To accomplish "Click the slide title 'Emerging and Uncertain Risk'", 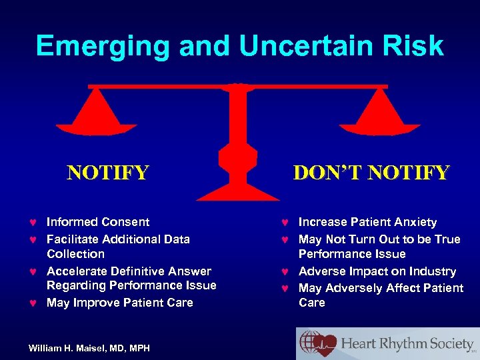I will coord(239,45).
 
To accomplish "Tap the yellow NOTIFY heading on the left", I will coord(107,173).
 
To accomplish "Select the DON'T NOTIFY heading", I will coord(371,173).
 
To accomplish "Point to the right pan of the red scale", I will coord(380,114).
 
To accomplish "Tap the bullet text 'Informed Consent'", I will coord(98,222).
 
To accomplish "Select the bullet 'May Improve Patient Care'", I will coord(119,303).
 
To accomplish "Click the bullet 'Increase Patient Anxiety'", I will coord(367,222).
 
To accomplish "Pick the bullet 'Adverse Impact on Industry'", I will coord(377,271).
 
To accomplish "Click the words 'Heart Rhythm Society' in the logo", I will coord(407,344).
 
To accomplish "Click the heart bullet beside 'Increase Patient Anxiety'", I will coord(285,223).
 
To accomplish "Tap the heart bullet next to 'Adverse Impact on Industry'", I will coord(285,272).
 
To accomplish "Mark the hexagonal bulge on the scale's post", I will coord(237,157).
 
